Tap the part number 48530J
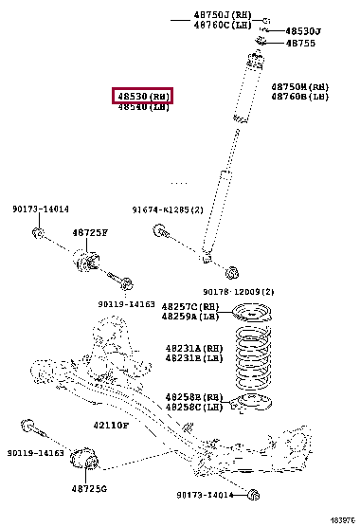(x=303, y=31)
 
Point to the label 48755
(x=301, y=44)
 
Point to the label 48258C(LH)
(x=192, y=407)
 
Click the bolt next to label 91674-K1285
(x=164, y=232)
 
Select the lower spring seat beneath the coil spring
(x=250, y=406)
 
